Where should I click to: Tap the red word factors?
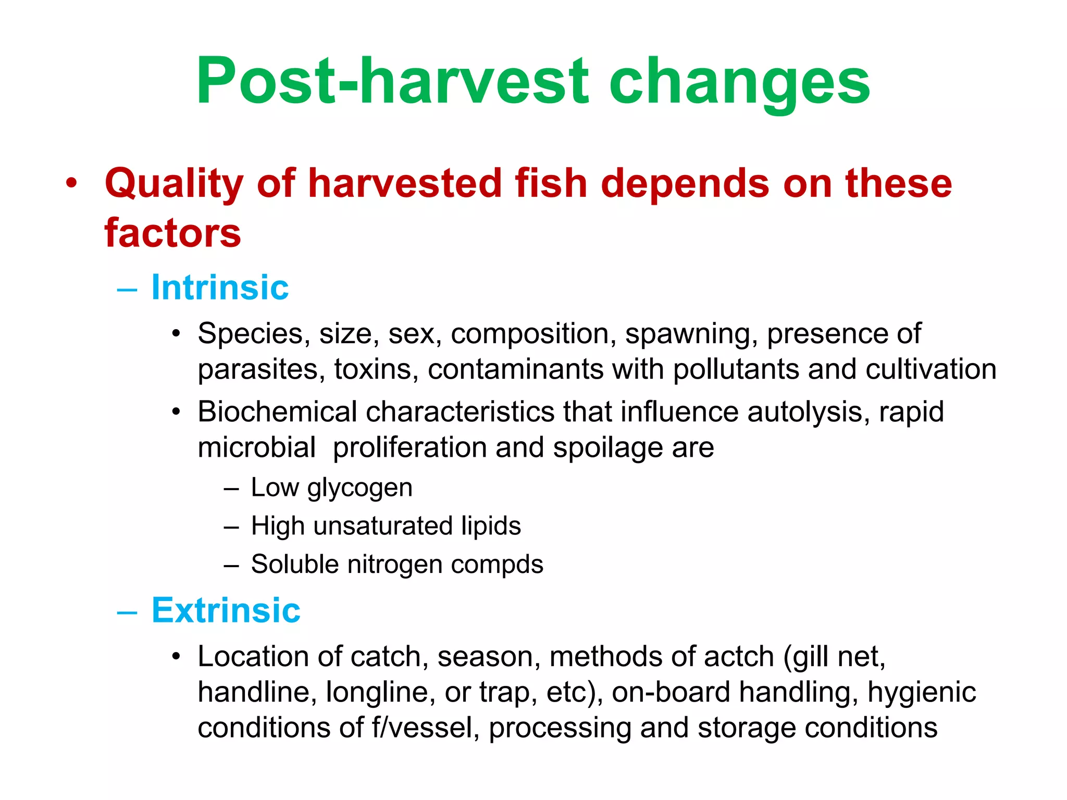pos(172,233)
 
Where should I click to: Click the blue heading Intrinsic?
pos(219,287)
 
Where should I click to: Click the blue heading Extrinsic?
pos(226,610)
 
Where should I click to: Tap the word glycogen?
pos(359,489)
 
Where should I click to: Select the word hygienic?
pos(921,693)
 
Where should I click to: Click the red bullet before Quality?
pos(71,183)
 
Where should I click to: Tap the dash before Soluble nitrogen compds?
pos(231,565)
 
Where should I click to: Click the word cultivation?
pos(930,370)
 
